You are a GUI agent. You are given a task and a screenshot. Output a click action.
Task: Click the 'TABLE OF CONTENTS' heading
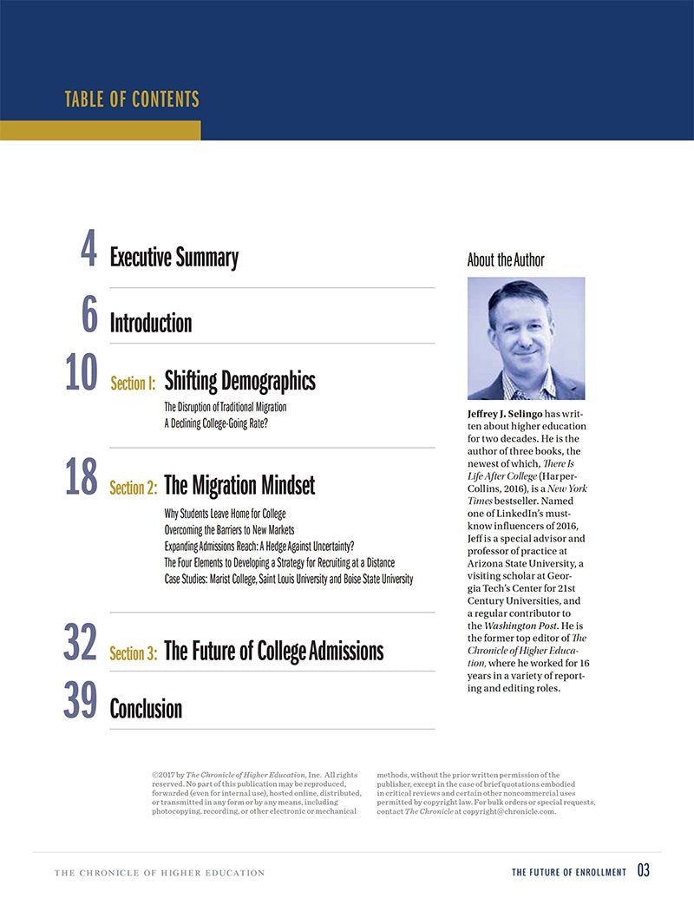point(132,99)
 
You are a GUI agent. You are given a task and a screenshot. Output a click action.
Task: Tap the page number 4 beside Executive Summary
point(88,251)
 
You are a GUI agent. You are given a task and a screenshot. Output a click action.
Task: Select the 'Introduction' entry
point(150,324)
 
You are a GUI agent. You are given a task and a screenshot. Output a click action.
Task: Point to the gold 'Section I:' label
point(133,383)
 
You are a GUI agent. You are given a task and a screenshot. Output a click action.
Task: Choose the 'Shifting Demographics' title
point(239,380)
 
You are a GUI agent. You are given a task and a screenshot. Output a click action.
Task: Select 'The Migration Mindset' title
point(239,485)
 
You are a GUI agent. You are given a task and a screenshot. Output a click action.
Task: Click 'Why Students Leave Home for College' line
point(225,515)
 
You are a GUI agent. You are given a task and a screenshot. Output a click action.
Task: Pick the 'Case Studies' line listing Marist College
point(288,579)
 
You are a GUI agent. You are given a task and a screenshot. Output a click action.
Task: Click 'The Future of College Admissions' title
point(273,651)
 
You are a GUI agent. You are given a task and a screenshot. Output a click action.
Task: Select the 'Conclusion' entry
point(146,709)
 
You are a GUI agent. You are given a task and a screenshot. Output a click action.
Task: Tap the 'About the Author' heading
point(506,260)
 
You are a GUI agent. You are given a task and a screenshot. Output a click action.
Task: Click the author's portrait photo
point(526,338)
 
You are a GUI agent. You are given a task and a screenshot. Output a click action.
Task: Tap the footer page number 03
point(643,871)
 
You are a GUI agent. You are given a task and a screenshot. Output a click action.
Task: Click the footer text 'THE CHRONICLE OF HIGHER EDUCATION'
point(159,873)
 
